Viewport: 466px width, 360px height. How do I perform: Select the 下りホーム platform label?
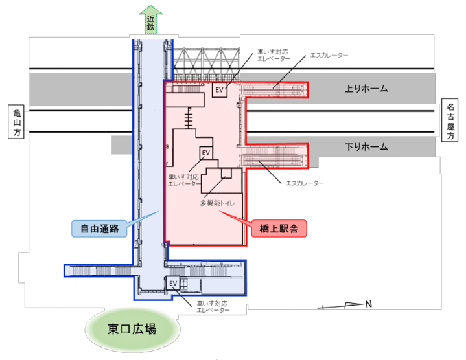(366, 147)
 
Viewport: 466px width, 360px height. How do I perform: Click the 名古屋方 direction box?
(452, 121)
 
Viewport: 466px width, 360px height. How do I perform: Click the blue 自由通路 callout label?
(99, 228)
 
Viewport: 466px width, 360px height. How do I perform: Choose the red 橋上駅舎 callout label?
(281, 228)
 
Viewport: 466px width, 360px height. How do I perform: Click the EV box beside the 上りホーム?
(220, 90)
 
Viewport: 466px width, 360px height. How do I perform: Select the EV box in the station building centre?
(206, 153)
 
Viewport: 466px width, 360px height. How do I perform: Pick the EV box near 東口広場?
(173, 284)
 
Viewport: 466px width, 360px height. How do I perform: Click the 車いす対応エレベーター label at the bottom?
(213, 307)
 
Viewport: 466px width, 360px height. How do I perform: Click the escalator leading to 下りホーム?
(272, 157)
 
